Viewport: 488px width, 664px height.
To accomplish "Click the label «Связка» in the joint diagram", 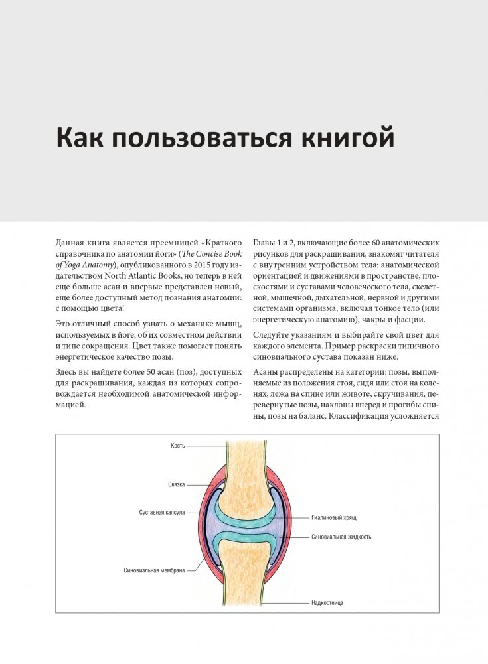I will coord(176,485).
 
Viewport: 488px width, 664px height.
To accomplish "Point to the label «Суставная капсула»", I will coord(162,513).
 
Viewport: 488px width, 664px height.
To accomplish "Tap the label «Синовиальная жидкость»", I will coord(341,536).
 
